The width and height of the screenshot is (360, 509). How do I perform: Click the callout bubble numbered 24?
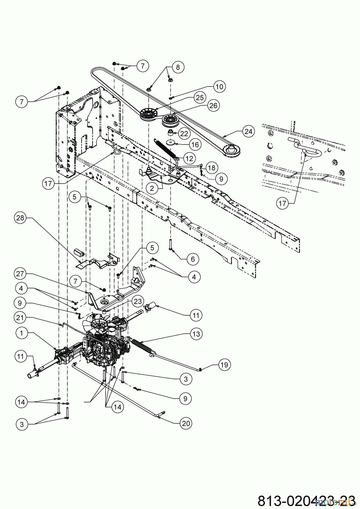pyautogui.click(x=248, y=131)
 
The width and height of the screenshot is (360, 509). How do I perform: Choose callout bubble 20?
pyautogui.click(x=185, y=423)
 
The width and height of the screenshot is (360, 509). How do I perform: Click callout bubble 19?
pyautogui.click(x=224, y=365)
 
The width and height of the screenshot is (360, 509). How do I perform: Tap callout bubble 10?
pyautogui.click(x=219, y=87)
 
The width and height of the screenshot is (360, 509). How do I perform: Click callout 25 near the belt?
pyautogui.click(x=200, y=98)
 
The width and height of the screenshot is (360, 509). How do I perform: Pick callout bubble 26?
pyautogui.click(x=213, y=105)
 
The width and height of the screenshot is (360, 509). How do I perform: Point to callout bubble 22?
pyautogui.click(x=184, y=134)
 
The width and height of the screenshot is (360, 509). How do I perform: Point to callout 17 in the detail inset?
pyautogui.click(x=283, y=203)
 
